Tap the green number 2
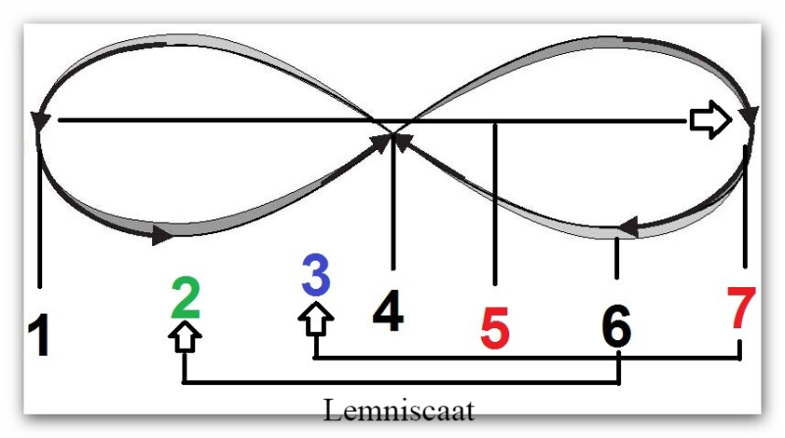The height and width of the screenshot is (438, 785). (185, 299)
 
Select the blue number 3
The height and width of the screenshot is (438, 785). (315, 277)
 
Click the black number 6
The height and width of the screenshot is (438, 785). (616, 328)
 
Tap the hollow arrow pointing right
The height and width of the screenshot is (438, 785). (709, 120)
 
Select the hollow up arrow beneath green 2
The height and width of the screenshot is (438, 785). (185, 336)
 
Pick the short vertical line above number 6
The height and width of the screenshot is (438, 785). (616, 260)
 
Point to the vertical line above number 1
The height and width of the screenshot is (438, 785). (39, 216)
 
